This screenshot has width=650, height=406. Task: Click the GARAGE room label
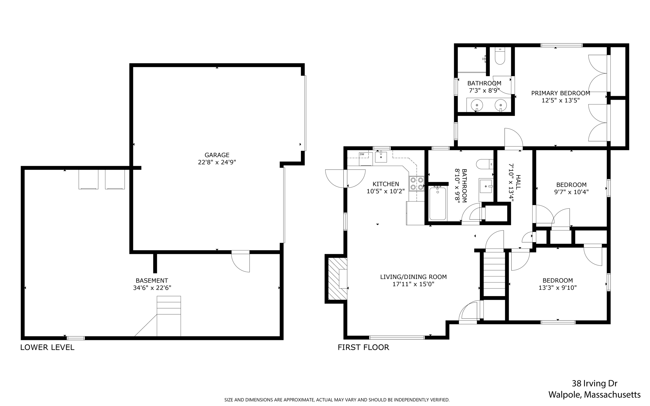pos(217,155)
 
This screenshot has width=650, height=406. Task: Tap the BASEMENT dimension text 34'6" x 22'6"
pos(152,288)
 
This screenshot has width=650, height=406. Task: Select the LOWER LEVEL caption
pos(47,347)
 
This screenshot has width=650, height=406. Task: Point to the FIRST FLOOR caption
pos(363,347)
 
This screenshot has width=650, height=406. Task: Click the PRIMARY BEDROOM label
pos(560,93)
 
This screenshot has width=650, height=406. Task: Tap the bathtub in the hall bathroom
pos(438,203)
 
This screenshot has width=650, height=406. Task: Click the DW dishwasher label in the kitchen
pos(361,154)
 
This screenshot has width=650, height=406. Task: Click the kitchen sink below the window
pos(381,157)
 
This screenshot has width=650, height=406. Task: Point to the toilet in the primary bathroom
pos(500,56)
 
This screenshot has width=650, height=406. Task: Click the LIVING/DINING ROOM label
pos(413,277)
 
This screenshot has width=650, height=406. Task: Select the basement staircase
pos(169,316)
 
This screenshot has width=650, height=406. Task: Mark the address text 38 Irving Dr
pos(594,383)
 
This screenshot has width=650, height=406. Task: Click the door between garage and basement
pos(240,261)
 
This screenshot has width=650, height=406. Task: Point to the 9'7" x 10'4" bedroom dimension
pos(571,192)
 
